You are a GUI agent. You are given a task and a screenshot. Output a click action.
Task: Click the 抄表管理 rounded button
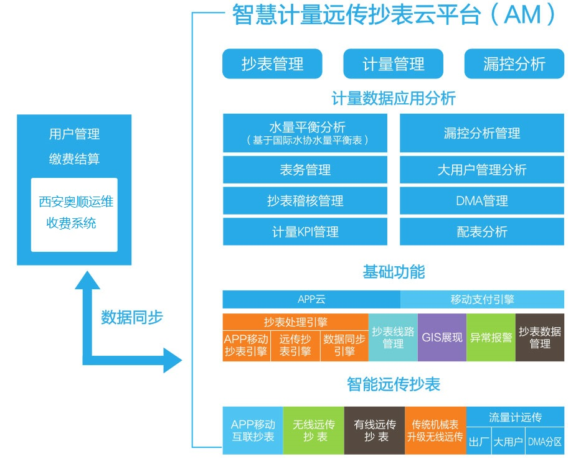point(272,63)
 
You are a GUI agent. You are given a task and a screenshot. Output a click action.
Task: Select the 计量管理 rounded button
point(393,63)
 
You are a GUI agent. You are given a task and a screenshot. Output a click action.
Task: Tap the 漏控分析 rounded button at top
point(514,63)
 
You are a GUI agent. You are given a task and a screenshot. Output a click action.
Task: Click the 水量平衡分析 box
point(305,133)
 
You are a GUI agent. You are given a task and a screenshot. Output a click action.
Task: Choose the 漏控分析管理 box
point(482,133)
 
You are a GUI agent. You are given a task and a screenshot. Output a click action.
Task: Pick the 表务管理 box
point(305,170)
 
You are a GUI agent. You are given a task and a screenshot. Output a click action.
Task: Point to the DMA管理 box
point(482,201)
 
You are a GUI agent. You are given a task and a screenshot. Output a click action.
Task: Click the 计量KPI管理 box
point(305,232)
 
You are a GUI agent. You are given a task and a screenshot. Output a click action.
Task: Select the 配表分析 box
point(482,232)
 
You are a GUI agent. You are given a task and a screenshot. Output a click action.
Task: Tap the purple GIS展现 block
point(442,337)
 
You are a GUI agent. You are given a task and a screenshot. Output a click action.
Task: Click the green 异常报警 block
point(491,337)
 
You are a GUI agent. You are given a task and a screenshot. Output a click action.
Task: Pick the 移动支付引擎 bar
point(482,299)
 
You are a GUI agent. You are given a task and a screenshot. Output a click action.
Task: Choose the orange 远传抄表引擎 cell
point(295,346)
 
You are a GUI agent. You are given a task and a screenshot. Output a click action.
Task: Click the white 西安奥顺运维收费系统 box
point(74,215)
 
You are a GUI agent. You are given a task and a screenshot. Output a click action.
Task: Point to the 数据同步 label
point(132,317)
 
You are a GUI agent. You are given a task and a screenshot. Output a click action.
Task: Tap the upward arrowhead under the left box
point(87,280)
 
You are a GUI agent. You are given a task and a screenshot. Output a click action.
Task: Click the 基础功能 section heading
point(394,272)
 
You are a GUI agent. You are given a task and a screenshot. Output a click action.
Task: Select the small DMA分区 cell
point(545,441)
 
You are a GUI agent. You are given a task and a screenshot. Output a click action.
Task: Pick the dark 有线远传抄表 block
point(375,430)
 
